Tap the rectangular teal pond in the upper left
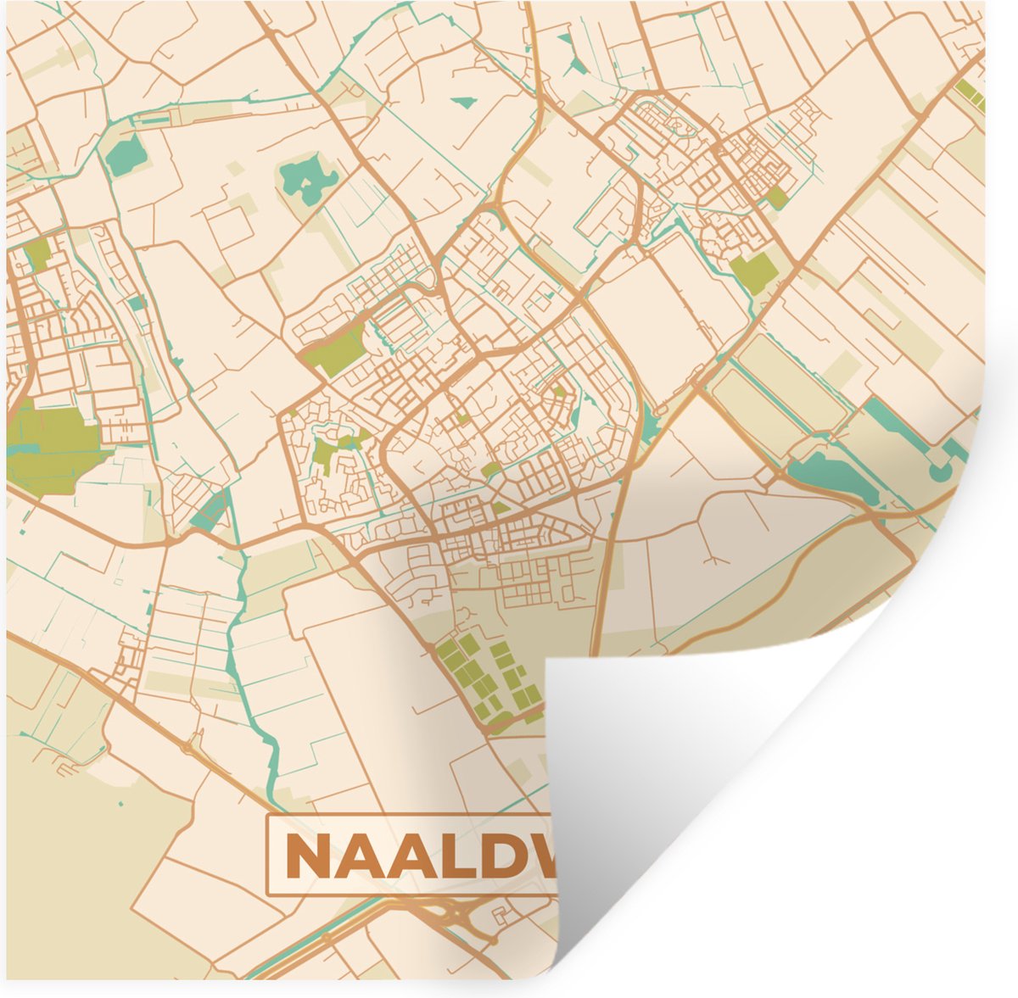[126, 154]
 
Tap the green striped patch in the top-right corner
[970, 95]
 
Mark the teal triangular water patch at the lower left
[208, 509]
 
